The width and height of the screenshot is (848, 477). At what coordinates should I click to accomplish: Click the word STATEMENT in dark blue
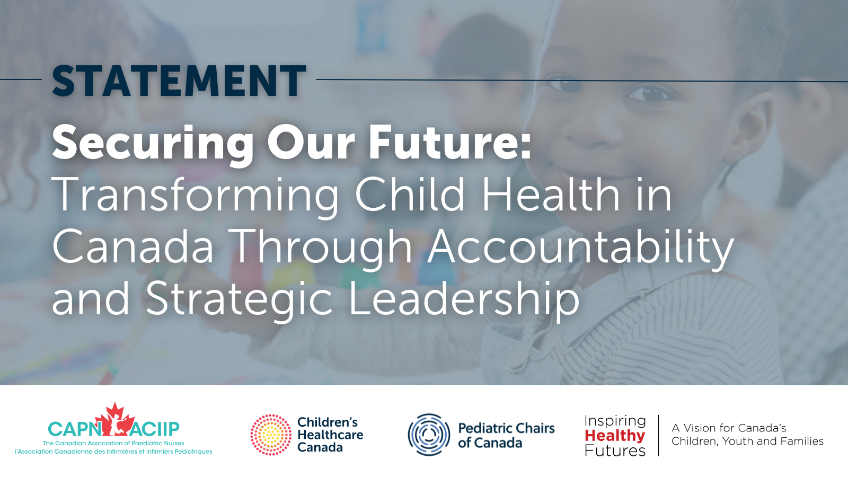tap(179, 81)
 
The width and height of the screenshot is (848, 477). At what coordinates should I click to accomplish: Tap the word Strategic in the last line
tap(239, 299)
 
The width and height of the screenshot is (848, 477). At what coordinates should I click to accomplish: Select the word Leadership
tap(463, 299)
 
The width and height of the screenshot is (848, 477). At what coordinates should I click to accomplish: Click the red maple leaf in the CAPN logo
tap(114, 419)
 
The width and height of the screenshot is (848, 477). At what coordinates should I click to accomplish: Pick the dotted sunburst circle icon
tap(271, 435)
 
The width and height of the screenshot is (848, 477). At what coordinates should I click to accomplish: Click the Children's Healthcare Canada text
tap(330, 435)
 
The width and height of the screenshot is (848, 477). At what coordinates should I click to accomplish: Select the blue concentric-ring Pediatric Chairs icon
tap(429, 435)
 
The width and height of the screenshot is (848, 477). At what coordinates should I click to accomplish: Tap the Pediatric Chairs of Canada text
tap(506, 435)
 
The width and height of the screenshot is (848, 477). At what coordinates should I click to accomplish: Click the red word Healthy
tap(615, 436)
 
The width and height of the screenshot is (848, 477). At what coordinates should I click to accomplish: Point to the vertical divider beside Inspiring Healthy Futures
tap(659, 435)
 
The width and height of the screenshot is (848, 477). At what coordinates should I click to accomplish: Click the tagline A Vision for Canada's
tap(729, 428)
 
